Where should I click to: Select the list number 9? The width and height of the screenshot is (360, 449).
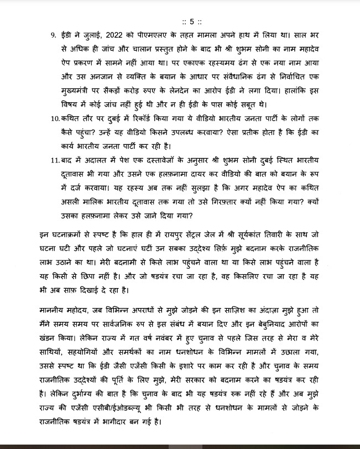[53, 35]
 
